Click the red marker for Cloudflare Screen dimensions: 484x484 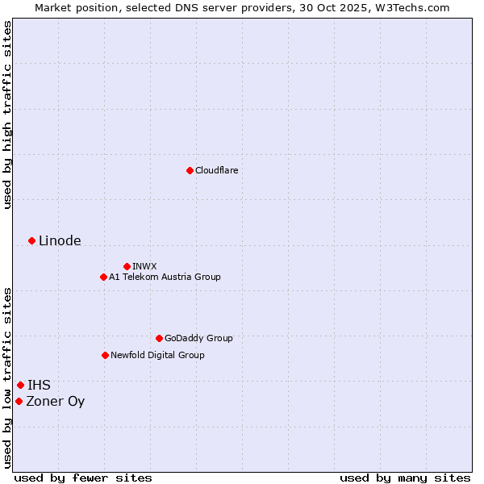pos(190,170)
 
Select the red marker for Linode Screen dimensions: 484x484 pos(31,240)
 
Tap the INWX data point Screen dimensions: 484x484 pos(127,266)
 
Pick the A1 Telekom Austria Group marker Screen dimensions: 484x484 pos(103,277)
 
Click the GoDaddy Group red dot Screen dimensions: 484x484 pos(159,338)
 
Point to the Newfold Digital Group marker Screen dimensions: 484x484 pos(105,355)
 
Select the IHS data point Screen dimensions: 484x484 pos(20,385)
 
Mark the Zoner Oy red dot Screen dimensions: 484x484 pos(19,401)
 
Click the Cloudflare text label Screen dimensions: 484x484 pos(217,170)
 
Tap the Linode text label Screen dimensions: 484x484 pos(60,240)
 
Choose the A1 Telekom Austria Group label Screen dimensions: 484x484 pos(165,277)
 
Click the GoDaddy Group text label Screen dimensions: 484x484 pos(198,338)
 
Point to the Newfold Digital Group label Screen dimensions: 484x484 pos(157,355)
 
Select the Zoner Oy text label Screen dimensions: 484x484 pos(55,401)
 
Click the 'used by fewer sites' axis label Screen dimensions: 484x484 pos(83,478)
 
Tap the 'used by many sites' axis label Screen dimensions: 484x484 pos(405,478)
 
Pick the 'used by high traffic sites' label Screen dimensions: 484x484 pos(7,115)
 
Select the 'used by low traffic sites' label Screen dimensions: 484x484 pos(7,378)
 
